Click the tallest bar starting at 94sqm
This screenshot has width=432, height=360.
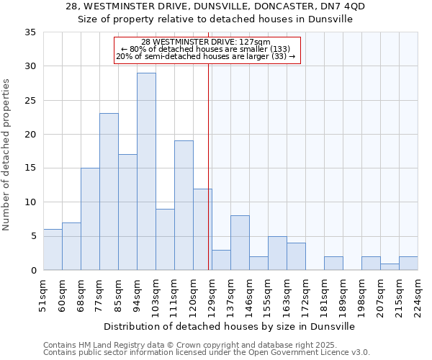146,171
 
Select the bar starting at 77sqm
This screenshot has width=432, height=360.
109,192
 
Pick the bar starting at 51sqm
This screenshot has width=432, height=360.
53,250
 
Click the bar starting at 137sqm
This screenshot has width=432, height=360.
240,243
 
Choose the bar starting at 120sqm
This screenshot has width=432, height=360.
202,229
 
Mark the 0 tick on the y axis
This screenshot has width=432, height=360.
32,271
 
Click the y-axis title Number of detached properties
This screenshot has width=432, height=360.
7,156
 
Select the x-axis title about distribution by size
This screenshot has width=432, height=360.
230,326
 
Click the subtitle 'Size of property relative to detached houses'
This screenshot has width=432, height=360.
215,19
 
